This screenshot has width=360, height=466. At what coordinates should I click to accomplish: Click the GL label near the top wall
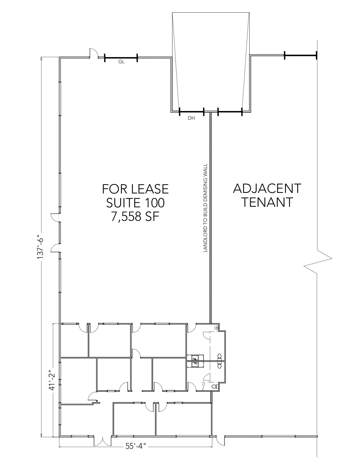(x=121, y=62)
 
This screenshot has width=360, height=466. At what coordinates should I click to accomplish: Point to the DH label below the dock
(x=191, y=118)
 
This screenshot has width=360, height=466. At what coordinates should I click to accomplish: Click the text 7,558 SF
(x=135, y=217)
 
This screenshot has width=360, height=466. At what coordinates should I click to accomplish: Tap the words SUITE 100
(x=136, y=203)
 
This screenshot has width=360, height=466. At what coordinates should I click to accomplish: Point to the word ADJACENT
(x=267, y=188)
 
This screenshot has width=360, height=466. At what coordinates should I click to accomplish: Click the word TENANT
(x=267, y=202)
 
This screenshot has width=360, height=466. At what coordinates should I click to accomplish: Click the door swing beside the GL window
(x=94, y=53)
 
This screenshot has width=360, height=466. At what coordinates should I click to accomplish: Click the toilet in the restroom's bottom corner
(x=215, y=386)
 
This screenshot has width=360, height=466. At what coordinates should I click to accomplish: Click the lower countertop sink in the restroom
(x=195, y=364)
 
